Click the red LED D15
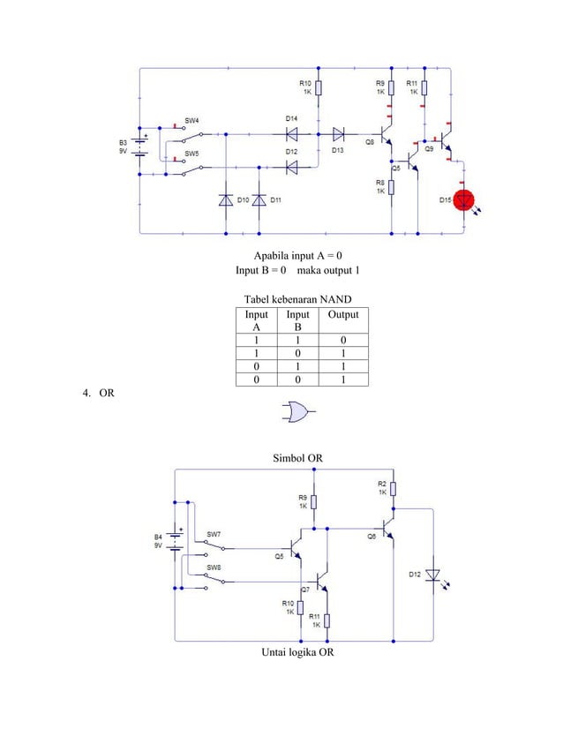[463, 200]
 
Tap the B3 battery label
[123, 140]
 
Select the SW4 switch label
[191, 120]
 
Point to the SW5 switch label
[191, 153]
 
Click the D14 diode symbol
[290, 134]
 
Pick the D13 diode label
[338, 150]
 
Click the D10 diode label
[241, 199]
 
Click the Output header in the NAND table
[343, 315]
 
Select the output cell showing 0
[343, 339]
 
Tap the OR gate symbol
[297, 412]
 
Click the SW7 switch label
[214, 534]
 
